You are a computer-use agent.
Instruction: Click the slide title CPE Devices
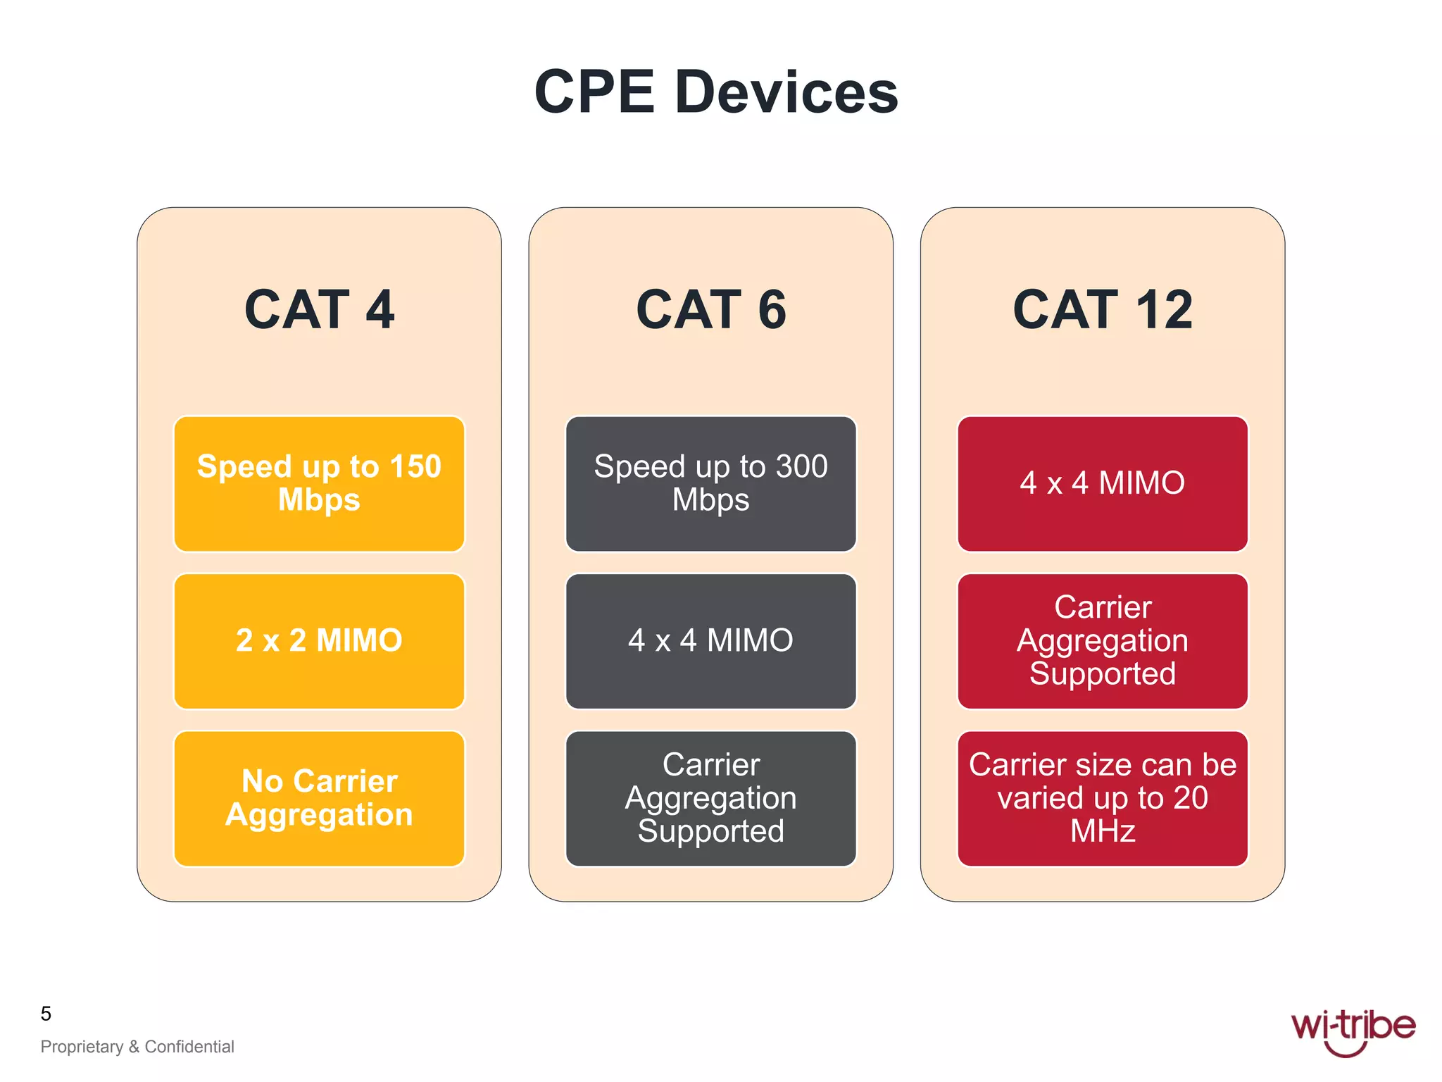coord(716,92)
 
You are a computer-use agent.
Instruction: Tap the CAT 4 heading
coord(319,309)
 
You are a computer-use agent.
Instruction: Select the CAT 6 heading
coord(711,309)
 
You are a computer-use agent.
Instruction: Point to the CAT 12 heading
coord(1103,309)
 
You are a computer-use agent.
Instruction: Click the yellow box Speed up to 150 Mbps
coord(319,483)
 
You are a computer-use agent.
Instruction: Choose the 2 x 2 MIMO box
coord(319,640)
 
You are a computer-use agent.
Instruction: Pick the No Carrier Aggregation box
coord(319,798)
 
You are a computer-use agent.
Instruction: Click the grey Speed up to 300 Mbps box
coord(711,483)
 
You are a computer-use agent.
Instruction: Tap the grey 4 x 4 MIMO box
coord(711,640)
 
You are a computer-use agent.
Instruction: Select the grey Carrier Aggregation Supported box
coord(711,798)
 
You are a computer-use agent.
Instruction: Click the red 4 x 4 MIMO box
coord(1103,483)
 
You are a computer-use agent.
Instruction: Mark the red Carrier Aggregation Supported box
coord(1103,640)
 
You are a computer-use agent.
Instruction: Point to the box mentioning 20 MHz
coord(1103,798)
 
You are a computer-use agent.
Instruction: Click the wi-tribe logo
coord(1353,1029)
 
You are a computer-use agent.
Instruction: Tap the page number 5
coord(46,1014)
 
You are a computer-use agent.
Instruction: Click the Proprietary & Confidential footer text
coord(137,1047)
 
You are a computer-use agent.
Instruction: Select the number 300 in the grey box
coord(801,466)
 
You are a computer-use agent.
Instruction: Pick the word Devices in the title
coord(786,92)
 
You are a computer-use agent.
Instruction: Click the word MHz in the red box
coord(1103,831)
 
